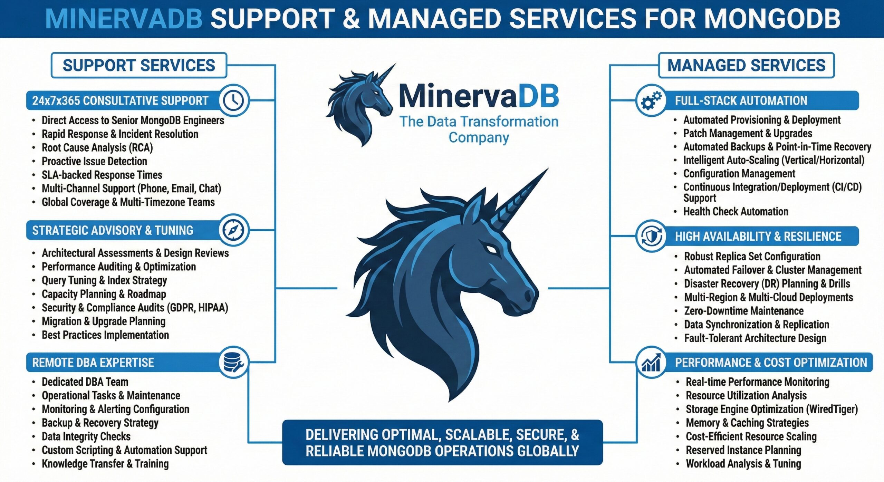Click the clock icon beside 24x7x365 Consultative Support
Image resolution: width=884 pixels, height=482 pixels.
(234, 100)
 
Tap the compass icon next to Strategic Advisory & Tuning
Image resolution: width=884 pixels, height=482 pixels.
(233, 230)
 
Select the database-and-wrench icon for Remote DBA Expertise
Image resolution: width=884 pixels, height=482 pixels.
(233, 362)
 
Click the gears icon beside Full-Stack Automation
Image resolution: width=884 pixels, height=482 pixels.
(651, 100)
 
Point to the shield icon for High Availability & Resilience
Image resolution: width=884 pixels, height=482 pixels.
(651, 237)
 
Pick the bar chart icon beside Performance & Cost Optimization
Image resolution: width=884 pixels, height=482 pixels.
(651, 363)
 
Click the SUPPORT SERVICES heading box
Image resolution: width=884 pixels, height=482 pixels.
(139, 65)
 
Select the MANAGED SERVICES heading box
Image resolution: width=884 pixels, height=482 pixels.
(746, 65)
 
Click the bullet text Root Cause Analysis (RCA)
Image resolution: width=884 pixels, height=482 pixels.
(97, 147)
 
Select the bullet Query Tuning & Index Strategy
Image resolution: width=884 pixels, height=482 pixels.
(104, 280)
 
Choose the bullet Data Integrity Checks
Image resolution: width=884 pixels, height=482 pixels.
(86, 436)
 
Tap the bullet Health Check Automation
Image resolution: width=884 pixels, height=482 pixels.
(736, 211)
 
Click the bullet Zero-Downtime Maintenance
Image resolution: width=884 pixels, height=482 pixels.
(744, 311)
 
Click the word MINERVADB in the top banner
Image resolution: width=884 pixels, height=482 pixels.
(124, 19)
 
